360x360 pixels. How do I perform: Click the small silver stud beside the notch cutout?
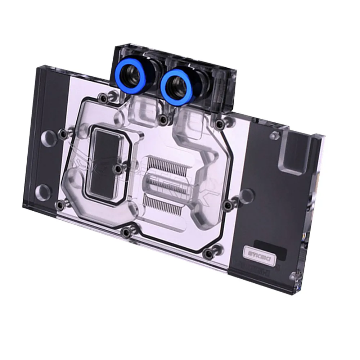275,135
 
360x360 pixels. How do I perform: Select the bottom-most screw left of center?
126,233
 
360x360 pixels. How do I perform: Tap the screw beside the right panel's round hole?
228,205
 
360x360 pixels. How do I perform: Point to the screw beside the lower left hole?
58,205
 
